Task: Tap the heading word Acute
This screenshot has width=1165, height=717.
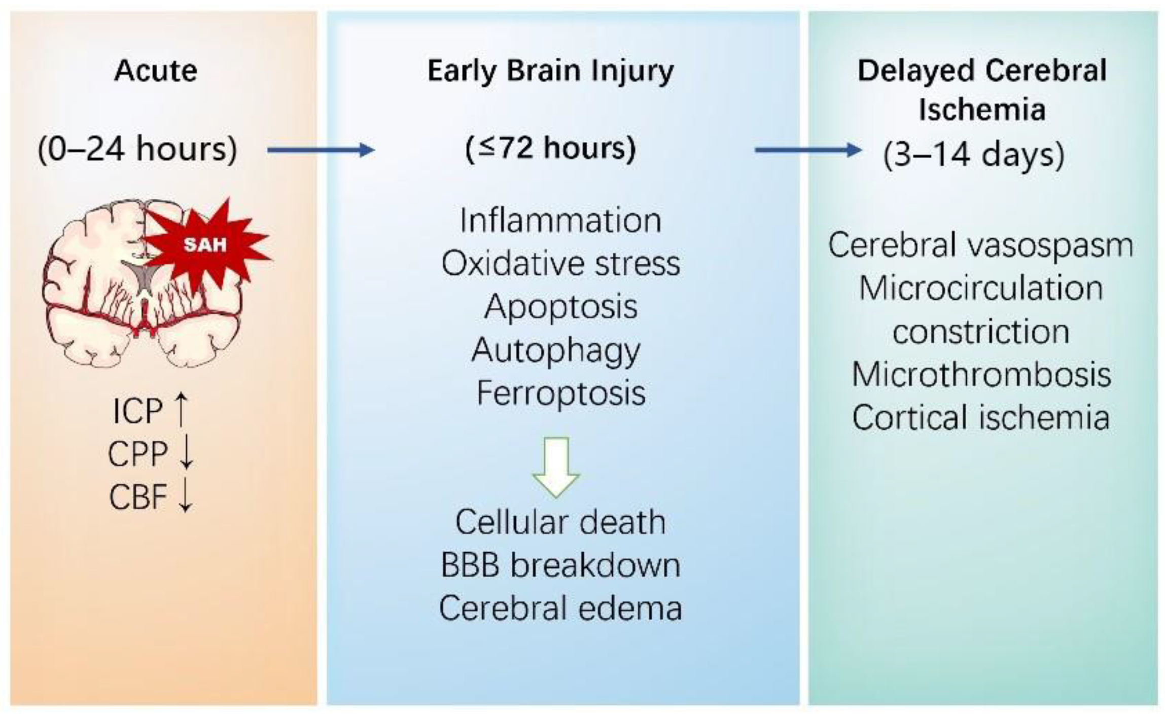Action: pos(156,70)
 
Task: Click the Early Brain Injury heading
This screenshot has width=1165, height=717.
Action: pos(550,70)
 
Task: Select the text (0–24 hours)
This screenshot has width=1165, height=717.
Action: pos(137,150)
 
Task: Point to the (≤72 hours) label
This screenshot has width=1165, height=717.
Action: pos(550,149)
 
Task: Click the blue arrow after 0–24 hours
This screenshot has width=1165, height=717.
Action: pos(321,150)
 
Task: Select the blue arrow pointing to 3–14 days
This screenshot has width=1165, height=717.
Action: pos(808,150)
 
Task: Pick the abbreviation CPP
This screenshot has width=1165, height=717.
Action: pos(137,454)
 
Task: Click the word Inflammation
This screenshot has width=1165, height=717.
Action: pos(560,221)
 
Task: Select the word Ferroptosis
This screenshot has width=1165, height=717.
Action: pos(560,393)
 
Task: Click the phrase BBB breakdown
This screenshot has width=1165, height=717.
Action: pos(560,565)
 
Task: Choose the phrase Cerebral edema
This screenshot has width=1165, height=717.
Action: pos(560,608)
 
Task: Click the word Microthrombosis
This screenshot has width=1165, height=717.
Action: pos(981,375)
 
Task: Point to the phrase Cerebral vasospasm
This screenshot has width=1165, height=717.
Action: pos(980,245)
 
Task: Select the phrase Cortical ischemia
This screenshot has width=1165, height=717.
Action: pos(981,418)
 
